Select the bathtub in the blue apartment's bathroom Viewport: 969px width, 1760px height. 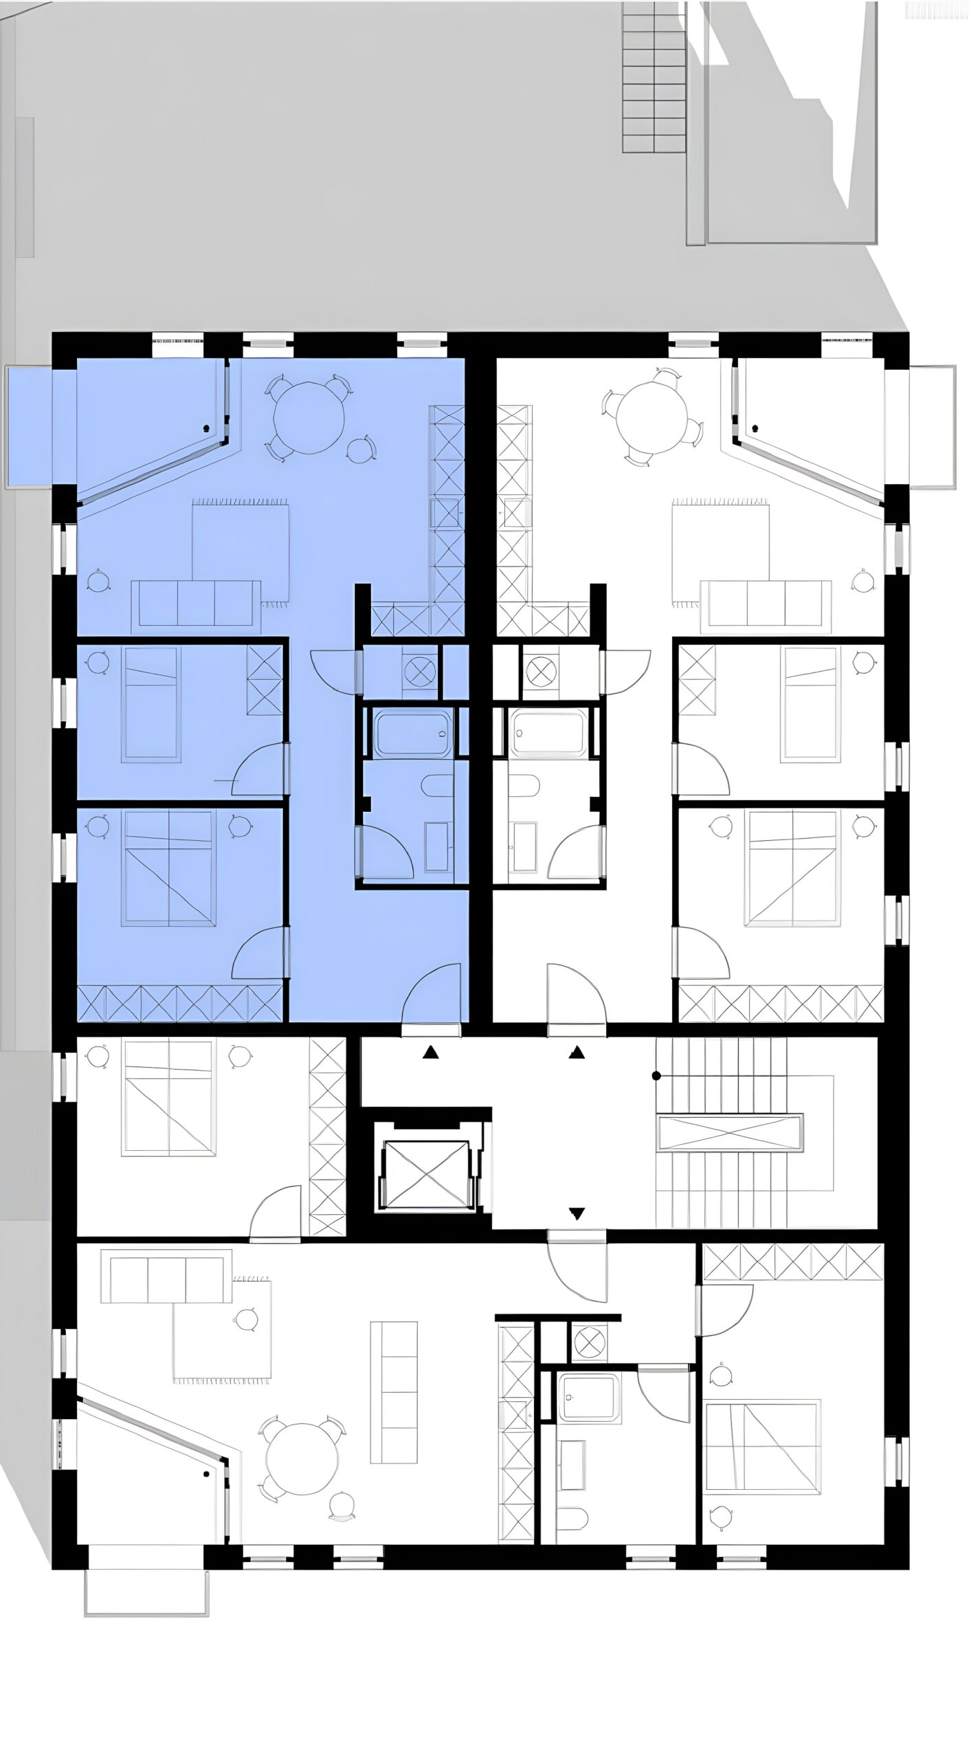click(x=412, y=734)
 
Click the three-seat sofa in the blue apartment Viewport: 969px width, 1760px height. click(x=196, y=603)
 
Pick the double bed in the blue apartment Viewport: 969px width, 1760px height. click(x=169, y=868)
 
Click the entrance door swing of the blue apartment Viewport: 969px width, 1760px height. click(x=433, y=993)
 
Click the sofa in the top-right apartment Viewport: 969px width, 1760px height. click(x=766, y=603)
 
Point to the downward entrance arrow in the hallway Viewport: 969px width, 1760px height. click(x=577, y=1213)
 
